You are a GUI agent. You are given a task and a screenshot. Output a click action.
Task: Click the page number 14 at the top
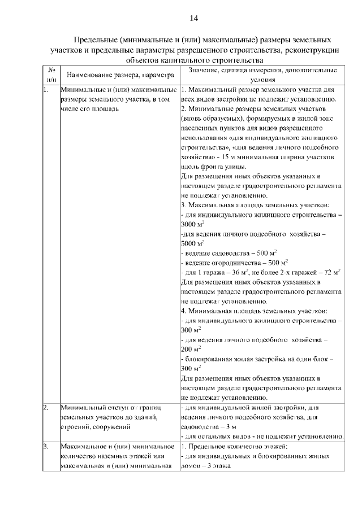click(193, 19)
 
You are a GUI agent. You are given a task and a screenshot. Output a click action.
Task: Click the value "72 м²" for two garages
click(329, 272)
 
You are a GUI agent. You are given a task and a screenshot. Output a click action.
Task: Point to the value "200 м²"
click(192, 350)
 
